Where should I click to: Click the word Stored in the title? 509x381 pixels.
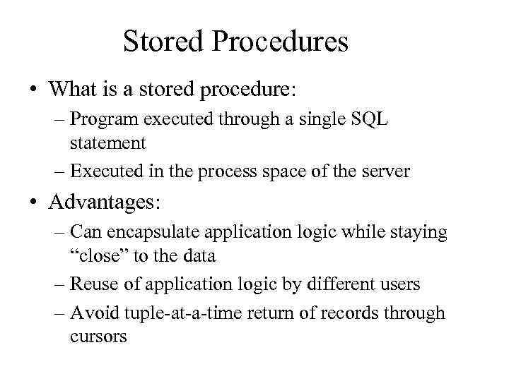pos(162,42)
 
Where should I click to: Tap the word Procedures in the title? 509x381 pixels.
pos(278,42)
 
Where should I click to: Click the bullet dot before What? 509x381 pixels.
pos(34,90)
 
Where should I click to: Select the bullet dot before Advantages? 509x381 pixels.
pos(34,204)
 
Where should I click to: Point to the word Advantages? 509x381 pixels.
pos(105,203)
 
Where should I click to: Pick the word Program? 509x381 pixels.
pos(98,119)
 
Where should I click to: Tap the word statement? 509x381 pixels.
pos(107,143)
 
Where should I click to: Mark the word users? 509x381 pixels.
pos(400,284)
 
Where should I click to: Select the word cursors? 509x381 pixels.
pos(98,337)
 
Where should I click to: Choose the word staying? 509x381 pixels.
pos(421,233)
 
